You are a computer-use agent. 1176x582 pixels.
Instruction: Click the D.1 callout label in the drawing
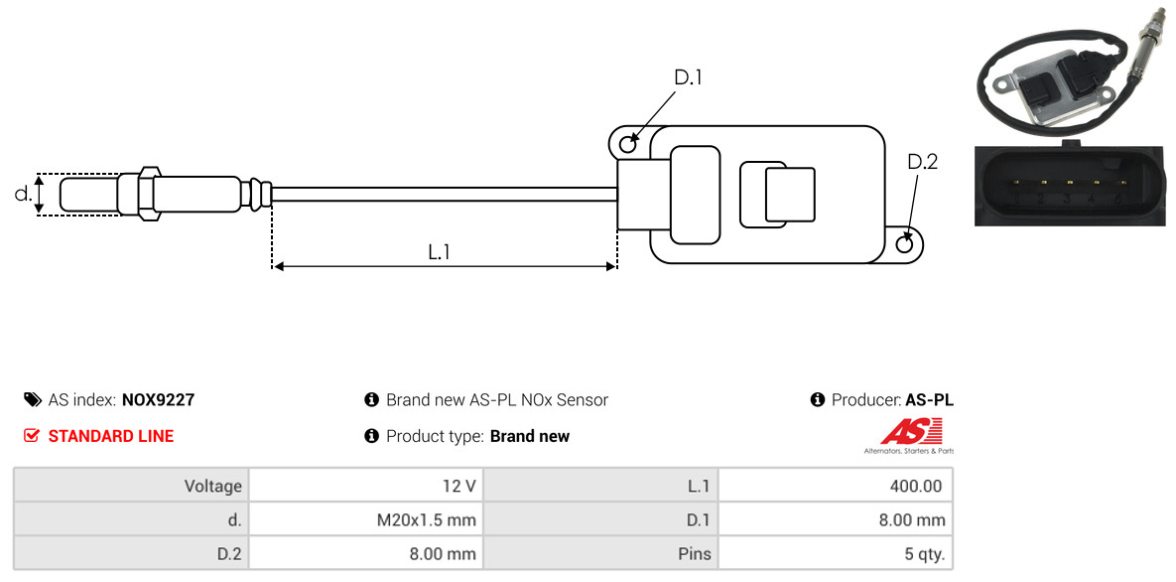click(688, 77)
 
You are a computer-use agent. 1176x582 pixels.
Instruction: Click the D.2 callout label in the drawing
click(922, 162)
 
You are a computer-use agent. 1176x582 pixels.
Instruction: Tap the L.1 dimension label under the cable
click(440, 252)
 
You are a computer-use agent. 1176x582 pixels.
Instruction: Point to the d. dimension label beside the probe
click(23, 194)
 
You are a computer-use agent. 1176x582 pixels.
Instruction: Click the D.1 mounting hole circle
click(628, 145)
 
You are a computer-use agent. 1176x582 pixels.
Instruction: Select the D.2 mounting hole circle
click(905, 244)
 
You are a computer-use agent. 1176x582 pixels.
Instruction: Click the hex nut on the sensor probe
click(146, 194)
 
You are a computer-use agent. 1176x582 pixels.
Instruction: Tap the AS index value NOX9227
click(158, 400)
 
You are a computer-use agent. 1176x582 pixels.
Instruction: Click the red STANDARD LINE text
click(110, 436)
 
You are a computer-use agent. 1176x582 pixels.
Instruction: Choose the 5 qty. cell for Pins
click(918, 553)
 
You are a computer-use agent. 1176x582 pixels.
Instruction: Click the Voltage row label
click(212, 486)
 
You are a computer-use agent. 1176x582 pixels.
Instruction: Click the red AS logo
click(911, 432)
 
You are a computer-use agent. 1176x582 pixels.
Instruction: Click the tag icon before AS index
click(32, 400)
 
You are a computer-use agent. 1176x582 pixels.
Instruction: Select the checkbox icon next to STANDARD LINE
click(32, 436)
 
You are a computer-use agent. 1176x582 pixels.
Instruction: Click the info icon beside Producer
click(818, 400)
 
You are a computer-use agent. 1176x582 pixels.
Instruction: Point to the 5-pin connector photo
click(1067, 185)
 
